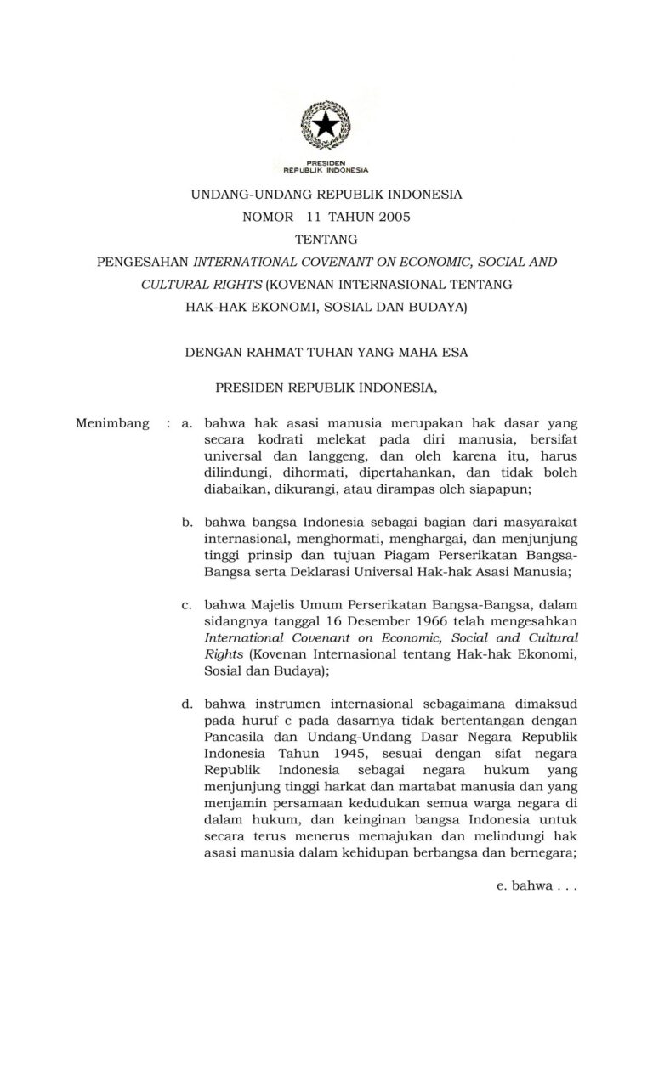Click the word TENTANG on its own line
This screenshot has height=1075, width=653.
coord(326,239)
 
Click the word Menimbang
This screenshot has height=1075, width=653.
coord(112,422)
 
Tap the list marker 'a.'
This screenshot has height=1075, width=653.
coord(187,422)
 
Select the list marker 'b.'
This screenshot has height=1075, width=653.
coord(187,521)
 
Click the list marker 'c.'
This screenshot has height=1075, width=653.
coord(186,604)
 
